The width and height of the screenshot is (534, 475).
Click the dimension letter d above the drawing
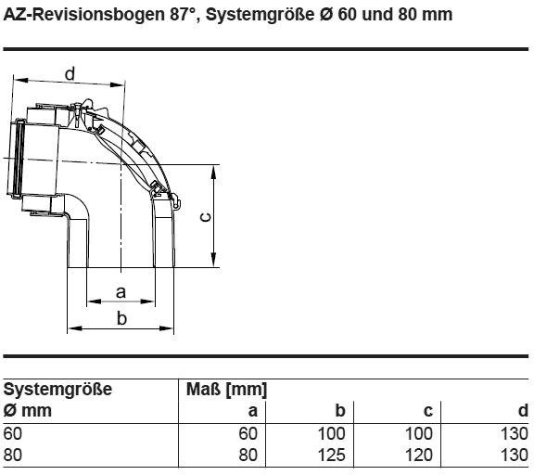(x=70, y=74)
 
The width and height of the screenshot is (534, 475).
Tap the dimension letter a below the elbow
(x=121, y=292)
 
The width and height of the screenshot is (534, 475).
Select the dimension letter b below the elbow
(x=121, y=318)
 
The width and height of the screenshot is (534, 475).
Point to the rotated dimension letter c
(x=206, y=217)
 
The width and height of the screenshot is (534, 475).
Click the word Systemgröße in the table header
(x=57, y=389)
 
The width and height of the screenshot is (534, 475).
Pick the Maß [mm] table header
(x=226, y=389)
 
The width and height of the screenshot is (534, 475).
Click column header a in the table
(x=252, y=411)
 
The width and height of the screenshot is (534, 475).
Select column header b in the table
(x=340, y=410)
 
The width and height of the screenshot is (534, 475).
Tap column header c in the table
(x=428, y=411)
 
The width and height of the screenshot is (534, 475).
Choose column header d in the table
(x=524, y=410)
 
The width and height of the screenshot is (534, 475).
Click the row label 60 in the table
(x=13, y=433)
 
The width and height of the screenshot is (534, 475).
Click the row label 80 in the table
(x=13, y=455)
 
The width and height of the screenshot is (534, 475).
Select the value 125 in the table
(x=331, y=455)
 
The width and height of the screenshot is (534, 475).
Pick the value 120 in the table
(x=419, y=455)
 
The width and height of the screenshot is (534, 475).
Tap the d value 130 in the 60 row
(x=515, y=433)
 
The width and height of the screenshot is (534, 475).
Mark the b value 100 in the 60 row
(x=331, y=433)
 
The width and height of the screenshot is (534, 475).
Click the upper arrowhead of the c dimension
(x=213, y=172)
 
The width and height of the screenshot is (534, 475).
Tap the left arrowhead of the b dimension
(x=75, y=328)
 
